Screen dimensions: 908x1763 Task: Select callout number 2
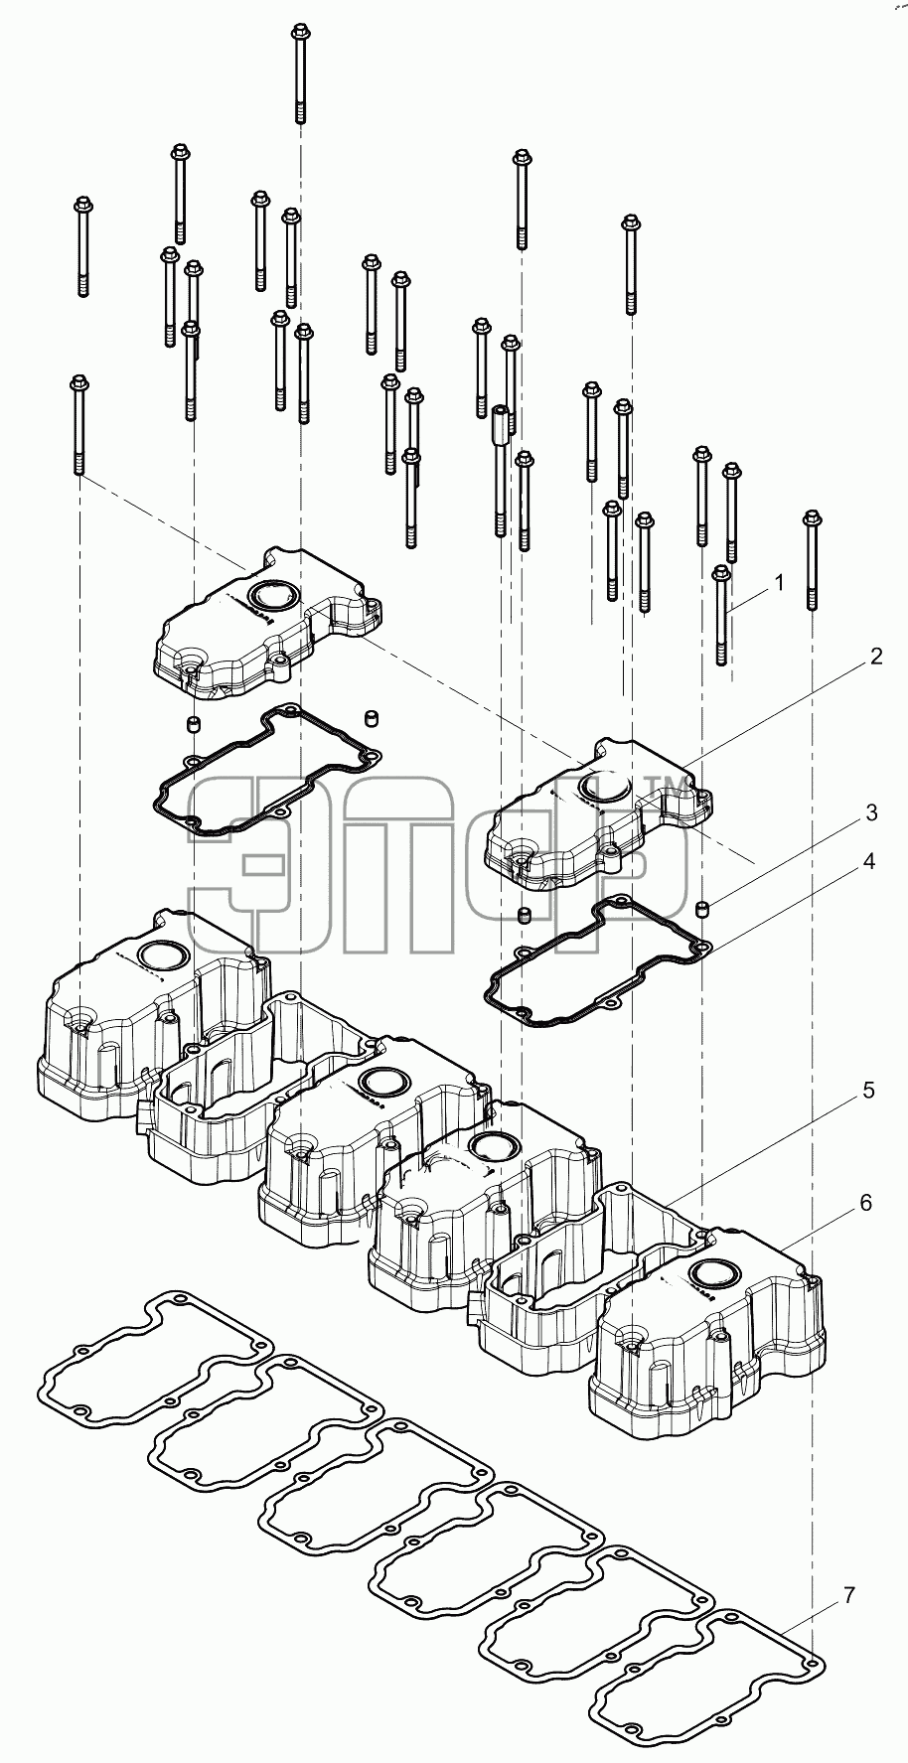pos(874,657)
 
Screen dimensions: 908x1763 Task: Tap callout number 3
pos(870,813)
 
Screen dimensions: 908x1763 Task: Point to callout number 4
pos(868,861)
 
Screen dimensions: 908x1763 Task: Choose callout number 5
pos(868,1091)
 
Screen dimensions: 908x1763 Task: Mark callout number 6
pos(865,1203)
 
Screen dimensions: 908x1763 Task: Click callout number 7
pos(849,1596)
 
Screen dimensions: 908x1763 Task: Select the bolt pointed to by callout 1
pos(722,615)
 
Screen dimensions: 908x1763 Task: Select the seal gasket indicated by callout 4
pos(597,960)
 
